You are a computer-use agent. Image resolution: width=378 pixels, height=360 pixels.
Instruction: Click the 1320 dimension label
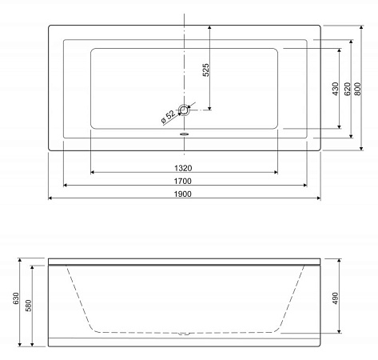coord(183,168)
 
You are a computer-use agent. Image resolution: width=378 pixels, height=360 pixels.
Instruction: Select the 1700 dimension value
coord(183,181)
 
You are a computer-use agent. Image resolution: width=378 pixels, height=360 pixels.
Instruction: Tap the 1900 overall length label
coord(183,194)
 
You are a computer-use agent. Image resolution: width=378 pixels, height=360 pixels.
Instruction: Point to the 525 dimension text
coord(205,70)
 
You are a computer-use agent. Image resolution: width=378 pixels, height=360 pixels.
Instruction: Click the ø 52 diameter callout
coord(169,117)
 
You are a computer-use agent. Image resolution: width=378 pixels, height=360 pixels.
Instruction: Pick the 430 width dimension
coord(336,89)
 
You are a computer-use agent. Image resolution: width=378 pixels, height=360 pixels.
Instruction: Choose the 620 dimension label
coord(348,89)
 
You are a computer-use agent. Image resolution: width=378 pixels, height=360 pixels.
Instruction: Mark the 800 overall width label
coord(358,89)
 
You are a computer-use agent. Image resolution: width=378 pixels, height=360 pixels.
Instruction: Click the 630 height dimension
coord(16,298)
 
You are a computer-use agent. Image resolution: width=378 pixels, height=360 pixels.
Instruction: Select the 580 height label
coord(28,306)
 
